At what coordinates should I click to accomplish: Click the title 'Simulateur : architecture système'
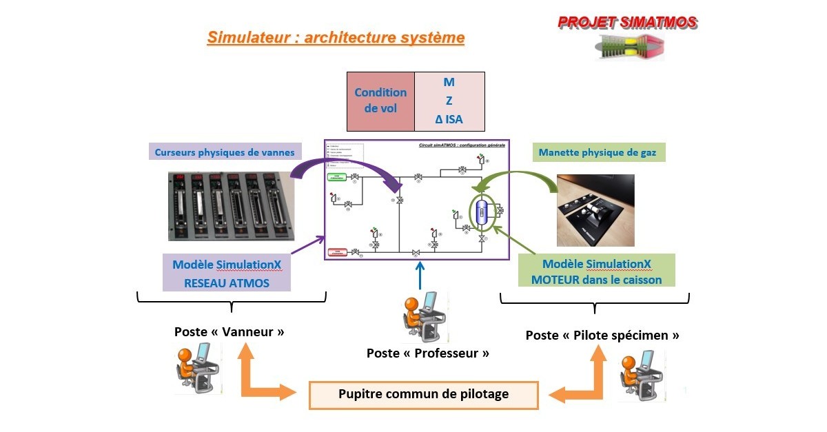[336, 37]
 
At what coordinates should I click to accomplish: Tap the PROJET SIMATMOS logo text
[627, 22]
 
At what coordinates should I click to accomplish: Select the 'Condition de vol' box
[380, 101]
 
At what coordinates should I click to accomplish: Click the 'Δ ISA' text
[449, 119]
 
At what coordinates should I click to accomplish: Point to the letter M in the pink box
[449, 82]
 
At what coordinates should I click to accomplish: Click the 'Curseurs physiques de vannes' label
[225, 152]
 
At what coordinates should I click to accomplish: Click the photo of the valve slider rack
[231, 206]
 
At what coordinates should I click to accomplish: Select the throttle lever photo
[595, 210]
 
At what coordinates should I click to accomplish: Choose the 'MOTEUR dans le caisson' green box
[597, 271]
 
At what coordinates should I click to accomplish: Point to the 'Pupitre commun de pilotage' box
[423, 395]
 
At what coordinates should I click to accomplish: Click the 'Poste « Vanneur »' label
[229, 331]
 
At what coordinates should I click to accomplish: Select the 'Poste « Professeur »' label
[428, 353]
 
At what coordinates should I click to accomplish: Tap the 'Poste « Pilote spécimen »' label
[602, 336]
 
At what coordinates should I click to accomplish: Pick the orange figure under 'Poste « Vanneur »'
[197, 369]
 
